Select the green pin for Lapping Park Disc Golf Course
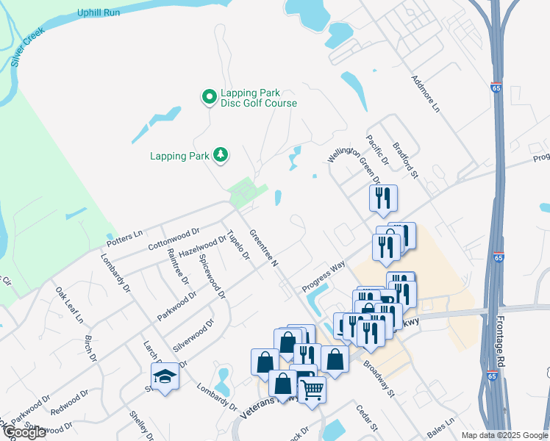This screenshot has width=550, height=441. [x=209, y=96]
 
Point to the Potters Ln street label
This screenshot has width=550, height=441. [x=124, y=237]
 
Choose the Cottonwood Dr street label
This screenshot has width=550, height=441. [x=174, y=237]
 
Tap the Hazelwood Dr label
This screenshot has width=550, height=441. [x=203, y=245]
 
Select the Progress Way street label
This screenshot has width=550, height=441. [x=323, y=278]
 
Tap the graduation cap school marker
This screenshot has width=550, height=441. [x=165, y=376]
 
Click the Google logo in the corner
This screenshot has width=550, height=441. [x=24, y=432]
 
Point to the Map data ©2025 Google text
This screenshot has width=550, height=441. [x=504, y=435]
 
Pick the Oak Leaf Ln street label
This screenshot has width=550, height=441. [x=69, y=305]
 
